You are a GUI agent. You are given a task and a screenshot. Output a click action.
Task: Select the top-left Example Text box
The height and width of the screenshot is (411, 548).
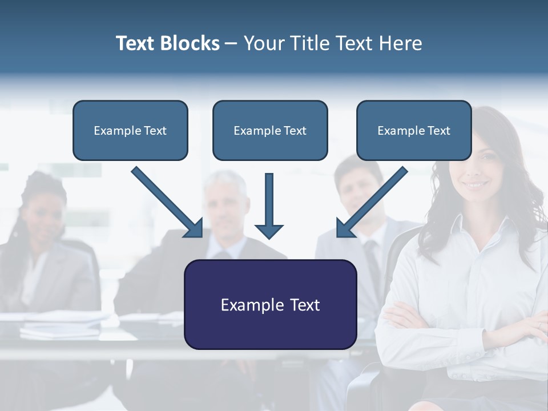click(130, 131)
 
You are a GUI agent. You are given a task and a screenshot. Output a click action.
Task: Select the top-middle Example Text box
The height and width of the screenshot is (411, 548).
click(270, 131)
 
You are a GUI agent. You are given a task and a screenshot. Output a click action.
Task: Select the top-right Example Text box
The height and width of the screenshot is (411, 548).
click(414, 131)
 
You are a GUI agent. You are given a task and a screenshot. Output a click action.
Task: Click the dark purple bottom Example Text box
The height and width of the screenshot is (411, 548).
click(270, 304)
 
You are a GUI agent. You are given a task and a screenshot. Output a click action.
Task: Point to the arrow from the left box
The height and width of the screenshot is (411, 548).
click(167, 202)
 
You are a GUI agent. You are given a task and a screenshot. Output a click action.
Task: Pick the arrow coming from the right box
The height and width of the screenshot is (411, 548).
click(372, 202)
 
